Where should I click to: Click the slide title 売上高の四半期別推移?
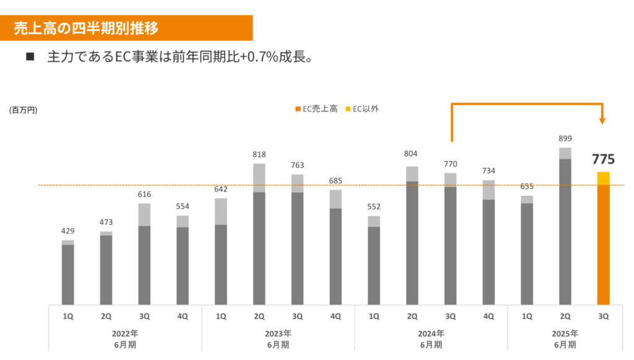(86, 28)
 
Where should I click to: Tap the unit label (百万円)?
(23, 110)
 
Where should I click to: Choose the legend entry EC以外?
(365, 108)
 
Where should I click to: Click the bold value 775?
(603, 159)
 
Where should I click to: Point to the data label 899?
(565, 139)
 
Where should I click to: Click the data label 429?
(68, 231)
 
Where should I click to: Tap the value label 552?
(373, 207)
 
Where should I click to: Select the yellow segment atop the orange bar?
(603, 178)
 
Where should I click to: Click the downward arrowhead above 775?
(603, 121)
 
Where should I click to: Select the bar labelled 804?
(412, 242)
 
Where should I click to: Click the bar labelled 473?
(106, 270)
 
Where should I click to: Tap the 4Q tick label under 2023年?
(336, 316)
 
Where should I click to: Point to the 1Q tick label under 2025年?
(526, 316)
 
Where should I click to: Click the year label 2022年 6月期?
(125, 339)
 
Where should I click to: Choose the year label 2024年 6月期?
(431, 339)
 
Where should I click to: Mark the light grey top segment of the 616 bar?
(144, 214)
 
